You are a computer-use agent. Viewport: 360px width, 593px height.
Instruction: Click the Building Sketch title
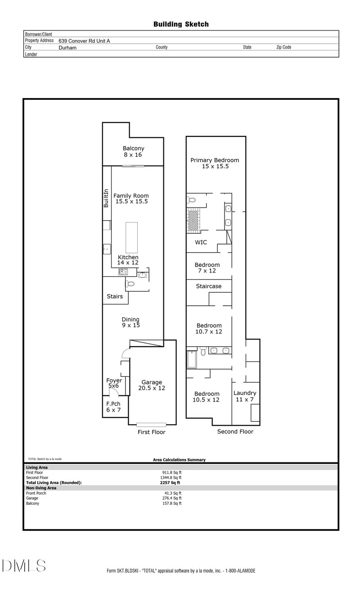point(181,24)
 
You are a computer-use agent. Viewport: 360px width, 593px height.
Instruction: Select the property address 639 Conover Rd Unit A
point(84,41)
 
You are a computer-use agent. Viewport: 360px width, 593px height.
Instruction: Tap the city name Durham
point(67,47)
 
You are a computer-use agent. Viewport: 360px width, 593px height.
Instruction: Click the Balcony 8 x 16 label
point(133,151)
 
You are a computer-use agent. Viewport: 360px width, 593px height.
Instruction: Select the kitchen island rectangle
point(131,237)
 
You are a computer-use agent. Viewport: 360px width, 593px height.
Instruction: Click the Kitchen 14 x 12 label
point(128,260)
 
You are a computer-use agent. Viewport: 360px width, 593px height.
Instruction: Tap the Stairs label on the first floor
point(115,297)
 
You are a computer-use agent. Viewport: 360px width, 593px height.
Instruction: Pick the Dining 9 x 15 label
point(130,322)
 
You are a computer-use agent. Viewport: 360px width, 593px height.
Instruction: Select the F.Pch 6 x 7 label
point(113,407)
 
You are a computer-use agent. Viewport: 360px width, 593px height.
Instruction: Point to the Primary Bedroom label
point(215,163)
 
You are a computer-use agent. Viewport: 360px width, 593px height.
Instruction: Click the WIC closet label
point(201,242)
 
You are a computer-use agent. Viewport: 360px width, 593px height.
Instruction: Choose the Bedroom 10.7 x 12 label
point(209,329)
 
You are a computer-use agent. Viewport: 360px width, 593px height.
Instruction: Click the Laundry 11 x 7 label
point(245,396)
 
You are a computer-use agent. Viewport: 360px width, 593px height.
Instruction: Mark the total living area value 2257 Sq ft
point(167,482)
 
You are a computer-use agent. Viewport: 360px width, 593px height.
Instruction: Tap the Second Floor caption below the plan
point(235,431)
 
